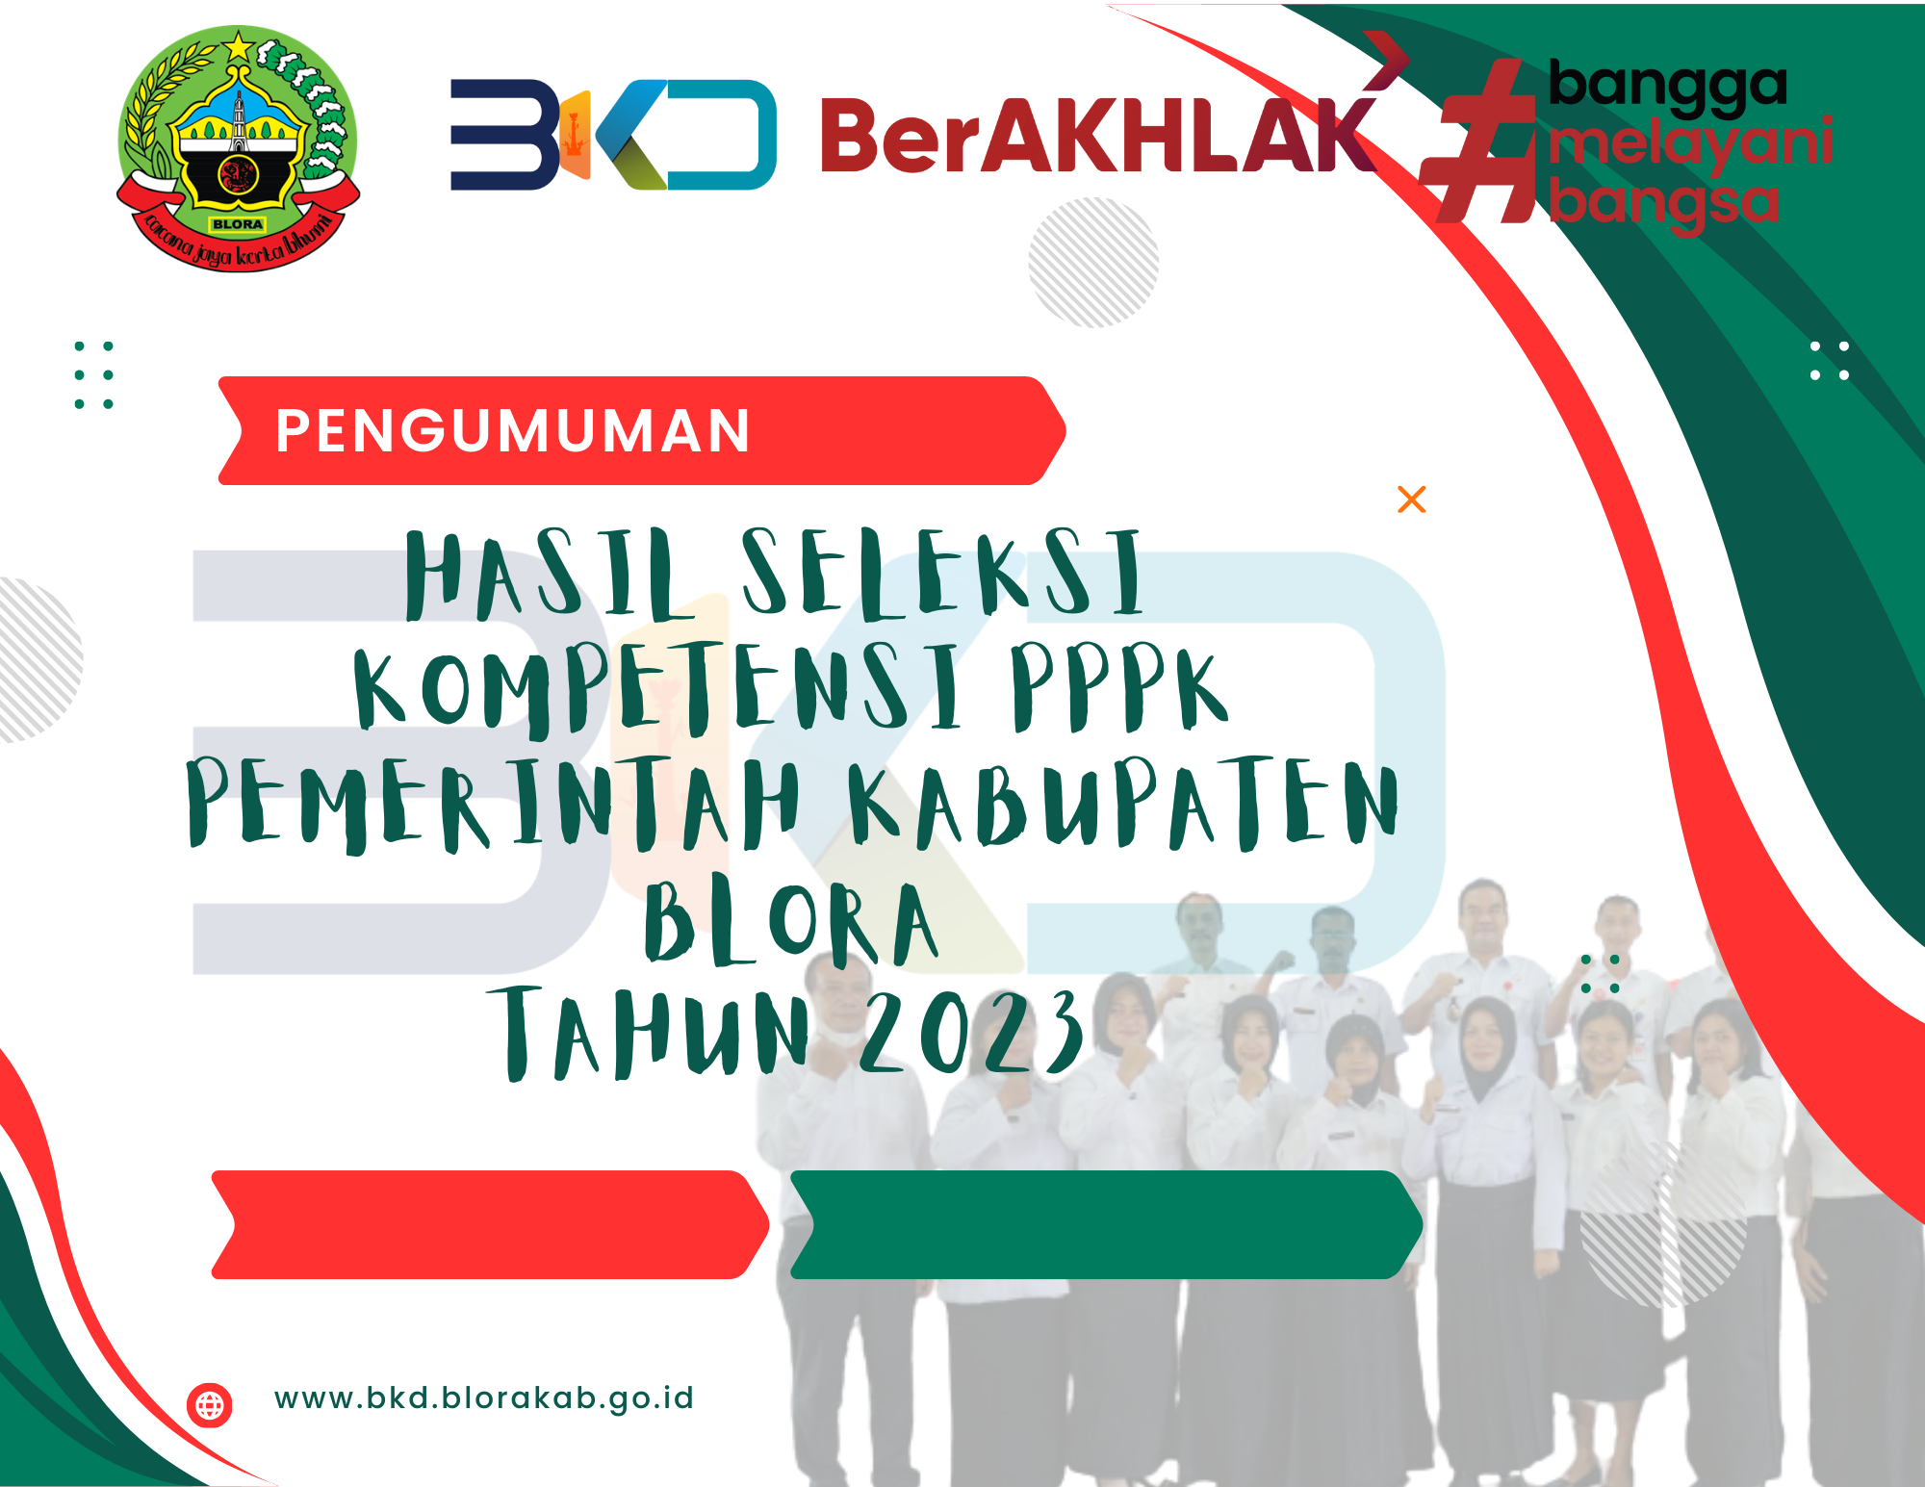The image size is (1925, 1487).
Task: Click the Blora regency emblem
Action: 238,149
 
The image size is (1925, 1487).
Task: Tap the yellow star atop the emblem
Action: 238,45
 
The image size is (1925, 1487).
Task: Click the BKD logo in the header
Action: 613,135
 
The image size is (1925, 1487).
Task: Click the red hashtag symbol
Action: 1477,141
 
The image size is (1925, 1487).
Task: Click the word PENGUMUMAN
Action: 512,430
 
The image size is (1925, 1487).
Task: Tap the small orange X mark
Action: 1411,500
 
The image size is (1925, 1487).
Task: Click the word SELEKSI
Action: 942,573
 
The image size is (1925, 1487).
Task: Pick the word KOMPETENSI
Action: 657,687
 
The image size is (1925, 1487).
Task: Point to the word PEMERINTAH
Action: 493,804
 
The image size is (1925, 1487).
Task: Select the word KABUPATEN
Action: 1122,803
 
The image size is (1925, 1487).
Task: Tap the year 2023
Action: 971,1031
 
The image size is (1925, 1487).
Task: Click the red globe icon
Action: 210,1405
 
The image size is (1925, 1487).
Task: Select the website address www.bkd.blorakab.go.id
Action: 483,1398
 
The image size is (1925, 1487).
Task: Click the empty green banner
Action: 1106,1224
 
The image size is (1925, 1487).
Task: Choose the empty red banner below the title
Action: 490,1224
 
